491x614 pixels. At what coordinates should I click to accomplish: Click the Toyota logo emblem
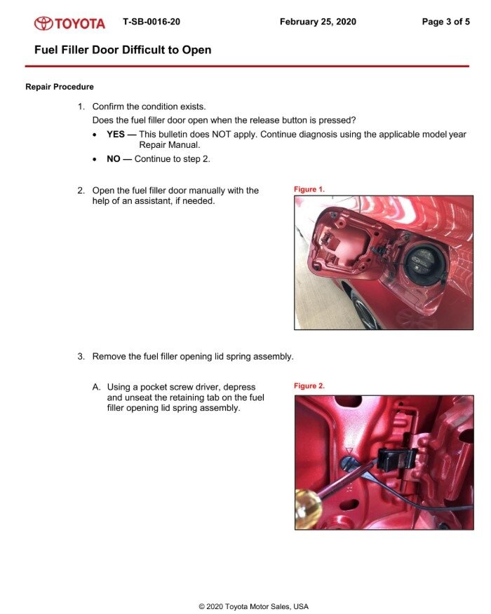point(43,23)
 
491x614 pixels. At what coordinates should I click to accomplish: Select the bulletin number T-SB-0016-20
point(151,22)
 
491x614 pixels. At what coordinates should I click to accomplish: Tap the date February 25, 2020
point(318,22)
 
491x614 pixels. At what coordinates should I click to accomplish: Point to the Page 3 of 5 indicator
point(445,22)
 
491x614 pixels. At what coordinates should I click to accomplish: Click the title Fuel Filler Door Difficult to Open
point(123,50)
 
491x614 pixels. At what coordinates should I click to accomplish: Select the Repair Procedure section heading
point(60,87)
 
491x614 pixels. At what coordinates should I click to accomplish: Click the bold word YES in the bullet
point(116,135)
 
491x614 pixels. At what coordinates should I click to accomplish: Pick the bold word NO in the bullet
point(114,159)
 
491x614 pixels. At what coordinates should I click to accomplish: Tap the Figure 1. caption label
point(309,189)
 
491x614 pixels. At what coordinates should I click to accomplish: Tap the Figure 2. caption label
point(309,386)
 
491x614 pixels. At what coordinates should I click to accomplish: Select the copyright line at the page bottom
point(253,606)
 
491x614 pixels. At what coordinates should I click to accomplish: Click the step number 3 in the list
point(81,357)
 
